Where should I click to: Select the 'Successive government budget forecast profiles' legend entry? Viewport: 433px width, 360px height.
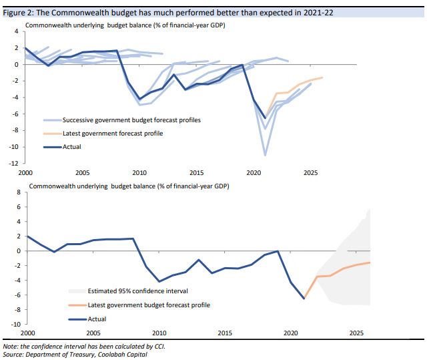(131, 120)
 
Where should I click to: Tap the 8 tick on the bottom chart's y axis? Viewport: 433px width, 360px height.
(18, 192)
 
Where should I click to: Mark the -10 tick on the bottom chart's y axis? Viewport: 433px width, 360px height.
(15, 324)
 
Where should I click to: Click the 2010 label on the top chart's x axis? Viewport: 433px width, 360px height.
(139, 172)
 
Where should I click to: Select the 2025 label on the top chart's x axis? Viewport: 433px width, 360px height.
(310, 172)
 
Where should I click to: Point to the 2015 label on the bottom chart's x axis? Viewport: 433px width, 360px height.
(225, 332)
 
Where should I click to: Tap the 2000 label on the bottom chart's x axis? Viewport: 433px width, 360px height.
(27, 332)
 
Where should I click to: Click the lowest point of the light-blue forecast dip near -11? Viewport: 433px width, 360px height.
(265, 155)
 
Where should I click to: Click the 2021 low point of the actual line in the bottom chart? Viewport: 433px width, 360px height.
(304, 299)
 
